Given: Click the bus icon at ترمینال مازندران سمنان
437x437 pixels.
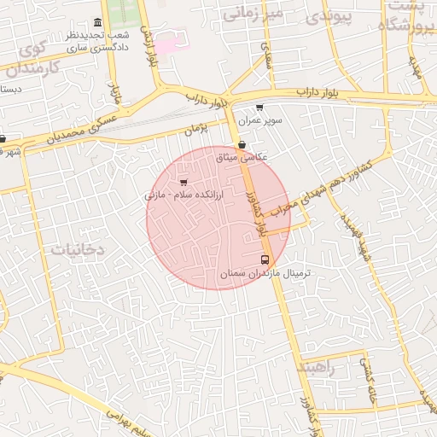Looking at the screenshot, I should [x=264, y=259].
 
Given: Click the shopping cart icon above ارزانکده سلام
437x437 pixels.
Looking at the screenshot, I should [x=184, y=182].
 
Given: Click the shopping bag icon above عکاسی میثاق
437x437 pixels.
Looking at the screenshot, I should [x=243, y=145].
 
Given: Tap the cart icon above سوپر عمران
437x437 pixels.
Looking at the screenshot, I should [x=259, y=108].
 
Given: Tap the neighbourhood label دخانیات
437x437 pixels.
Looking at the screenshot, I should [x=77, y=249].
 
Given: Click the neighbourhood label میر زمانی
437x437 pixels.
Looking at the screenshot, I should [x=252, y=14].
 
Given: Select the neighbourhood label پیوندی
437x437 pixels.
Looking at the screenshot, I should [x=329, y=15].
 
